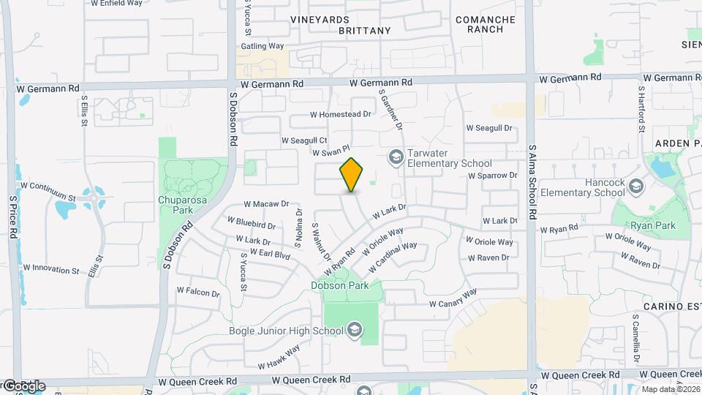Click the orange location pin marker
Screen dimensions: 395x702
point(352,176)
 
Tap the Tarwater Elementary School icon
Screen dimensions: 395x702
point(396,157)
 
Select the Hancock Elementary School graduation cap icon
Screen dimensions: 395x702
point(635,187)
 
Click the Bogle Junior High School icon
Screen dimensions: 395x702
point(355,330)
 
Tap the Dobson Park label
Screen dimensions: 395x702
point(339,285)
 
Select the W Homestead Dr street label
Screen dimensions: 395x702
point(341,114)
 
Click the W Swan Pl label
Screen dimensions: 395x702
point(328,153)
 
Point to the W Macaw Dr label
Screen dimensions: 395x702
point(267,204)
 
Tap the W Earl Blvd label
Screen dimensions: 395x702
point(270,255)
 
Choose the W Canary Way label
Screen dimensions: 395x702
point(453,298)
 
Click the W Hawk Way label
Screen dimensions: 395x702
point(279,358)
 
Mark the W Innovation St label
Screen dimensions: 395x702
point(51,269)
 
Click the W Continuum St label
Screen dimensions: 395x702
point(50,196)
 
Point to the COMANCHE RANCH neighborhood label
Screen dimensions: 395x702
point(486,24)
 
